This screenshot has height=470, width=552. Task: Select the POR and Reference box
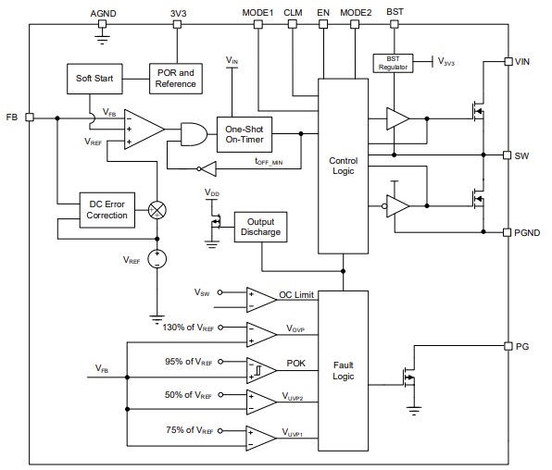point(175,79)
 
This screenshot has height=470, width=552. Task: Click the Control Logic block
point(343,166)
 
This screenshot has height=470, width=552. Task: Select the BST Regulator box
point(392,63)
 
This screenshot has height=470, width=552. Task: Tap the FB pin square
point(30,117)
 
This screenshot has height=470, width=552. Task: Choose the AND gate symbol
point(194,134)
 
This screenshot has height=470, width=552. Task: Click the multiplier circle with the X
point(158,209)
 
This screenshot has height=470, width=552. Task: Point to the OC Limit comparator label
point(296,295)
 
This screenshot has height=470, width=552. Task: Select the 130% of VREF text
point(189,328)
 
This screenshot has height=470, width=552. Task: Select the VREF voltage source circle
point(158,260)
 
